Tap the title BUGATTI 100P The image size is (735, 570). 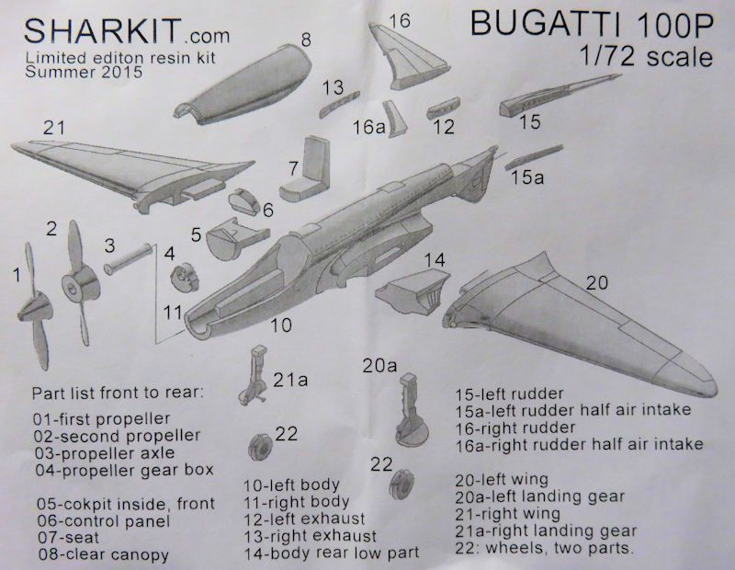pyautogui.click(x=592, y=24)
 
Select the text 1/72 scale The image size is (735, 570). pyautogui.click(x=646, y=56)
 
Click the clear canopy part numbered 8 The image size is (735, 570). pyautogui.click(x=243, y=85)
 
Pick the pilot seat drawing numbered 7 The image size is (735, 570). pyautogui.click(x=305, y=170)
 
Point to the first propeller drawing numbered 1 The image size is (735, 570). pyautogui.click(x=34, y=305)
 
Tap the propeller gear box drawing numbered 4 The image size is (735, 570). pyautogui.click(x=185, y=279)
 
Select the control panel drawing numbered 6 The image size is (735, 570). pyautogui.click(x=243, y=201)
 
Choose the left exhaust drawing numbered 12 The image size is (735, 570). pyautogui.click(x=444, y=108)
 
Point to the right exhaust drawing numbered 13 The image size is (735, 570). pyautogui.click(x=339, y=104)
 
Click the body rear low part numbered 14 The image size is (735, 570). pyautogui.click(x=413, y=291)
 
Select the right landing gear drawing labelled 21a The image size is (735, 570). pyautogui.click(x=254, y=375)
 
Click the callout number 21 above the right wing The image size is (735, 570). pyautogui.click(x=54, y=128)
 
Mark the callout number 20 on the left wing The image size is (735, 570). pyautogui.click(x=596, y=282)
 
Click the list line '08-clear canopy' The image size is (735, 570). pyautogui.click(x=103, y=554)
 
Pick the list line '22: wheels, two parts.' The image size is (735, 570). pyautogui.click(x=544, y=548)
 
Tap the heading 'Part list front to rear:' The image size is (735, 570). pyautogui.click(x=118, y=392)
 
